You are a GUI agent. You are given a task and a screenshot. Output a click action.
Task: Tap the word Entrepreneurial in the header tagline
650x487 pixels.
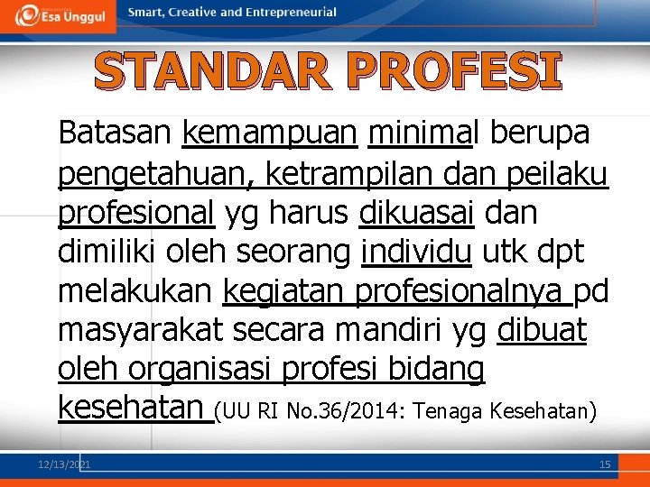[x=294, y=13]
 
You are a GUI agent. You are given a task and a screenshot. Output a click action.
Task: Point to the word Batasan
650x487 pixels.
[x=115, y=133]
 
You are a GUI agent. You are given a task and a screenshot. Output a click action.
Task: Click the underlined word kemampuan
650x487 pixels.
[x=269, y=133]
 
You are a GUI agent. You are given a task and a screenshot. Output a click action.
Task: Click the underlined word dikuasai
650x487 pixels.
[x=417, y=213]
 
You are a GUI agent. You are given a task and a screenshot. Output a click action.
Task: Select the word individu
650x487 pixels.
[x=415, y=253]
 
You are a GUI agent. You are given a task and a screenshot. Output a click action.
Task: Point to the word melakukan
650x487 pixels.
[x=135, y=292]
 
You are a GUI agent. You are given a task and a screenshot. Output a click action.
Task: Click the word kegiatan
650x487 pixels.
[x=283, y=292]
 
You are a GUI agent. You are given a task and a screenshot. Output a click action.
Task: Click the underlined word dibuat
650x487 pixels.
[x=542, y=332]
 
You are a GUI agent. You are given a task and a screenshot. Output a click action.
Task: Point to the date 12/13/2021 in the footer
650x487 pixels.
[x=64, y=464]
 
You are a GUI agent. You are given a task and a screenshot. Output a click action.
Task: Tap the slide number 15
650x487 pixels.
[x=605, y=464]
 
